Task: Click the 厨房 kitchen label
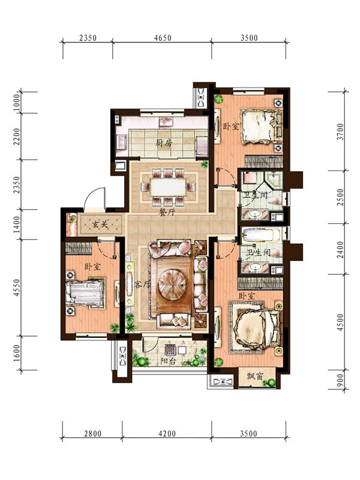tap(164, 142)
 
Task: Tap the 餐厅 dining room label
tap(167, 212)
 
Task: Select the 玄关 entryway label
tap(100, 224)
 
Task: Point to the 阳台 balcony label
tap(168, 361)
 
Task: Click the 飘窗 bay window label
tap(255, 376)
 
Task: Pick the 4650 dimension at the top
tap(163, 38)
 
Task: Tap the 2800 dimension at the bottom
tap(92, 433)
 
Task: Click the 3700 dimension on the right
tap(340, 131)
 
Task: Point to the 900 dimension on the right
tap(340, 381)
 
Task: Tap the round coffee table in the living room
tap(172, 283)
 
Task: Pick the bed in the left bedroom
tap(85, 293)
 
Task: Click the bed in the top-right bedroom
tap(261, 127)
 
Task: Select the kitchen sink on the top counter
tap(166, 122)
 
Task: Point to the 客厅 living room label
tap(143, 285)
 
